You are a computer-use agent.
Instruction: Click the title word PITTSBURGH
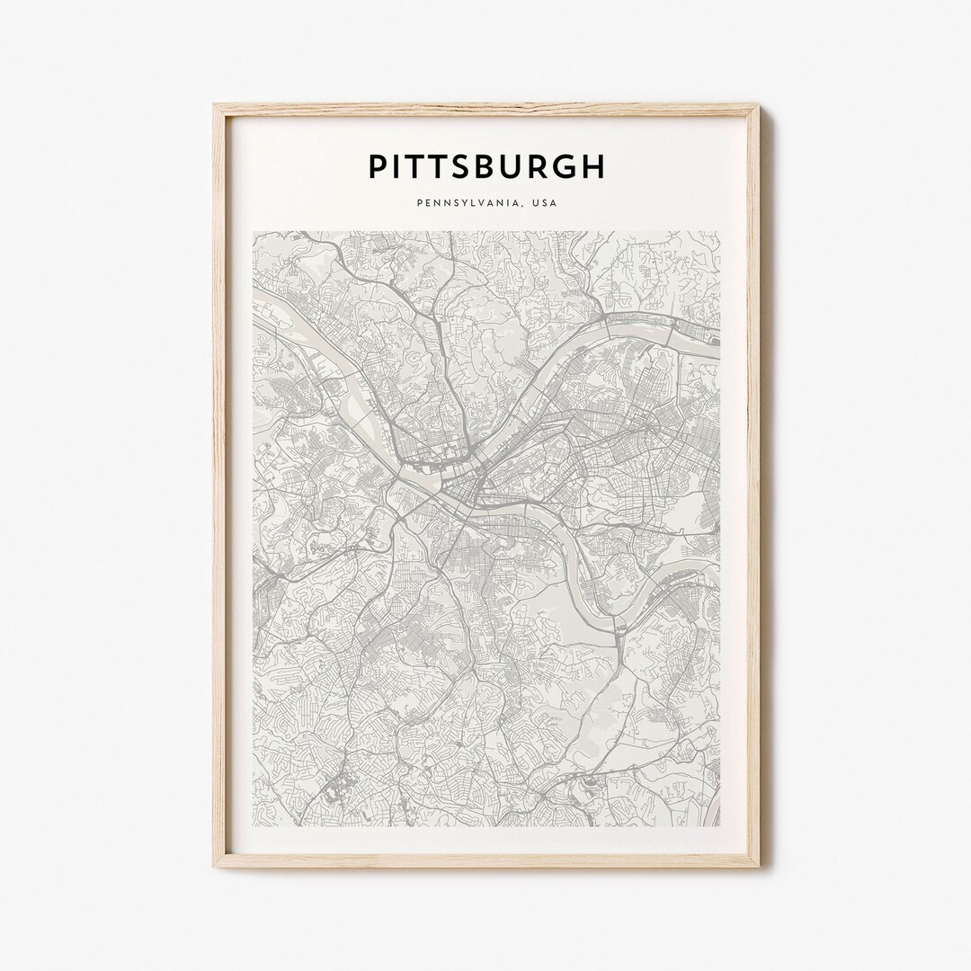(486, 166)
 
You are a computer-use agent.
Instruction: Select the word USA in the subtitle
(544, 203)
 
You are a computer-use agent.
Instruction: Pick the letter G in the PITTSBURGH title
(563, 166)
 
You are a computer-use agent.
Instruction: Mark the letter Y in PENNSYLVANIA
(458, 203)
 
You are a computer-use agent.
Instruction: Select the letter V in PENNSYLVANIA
(477, 203)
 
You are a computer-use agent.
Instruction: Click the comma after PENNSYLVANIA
(524, 206)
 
